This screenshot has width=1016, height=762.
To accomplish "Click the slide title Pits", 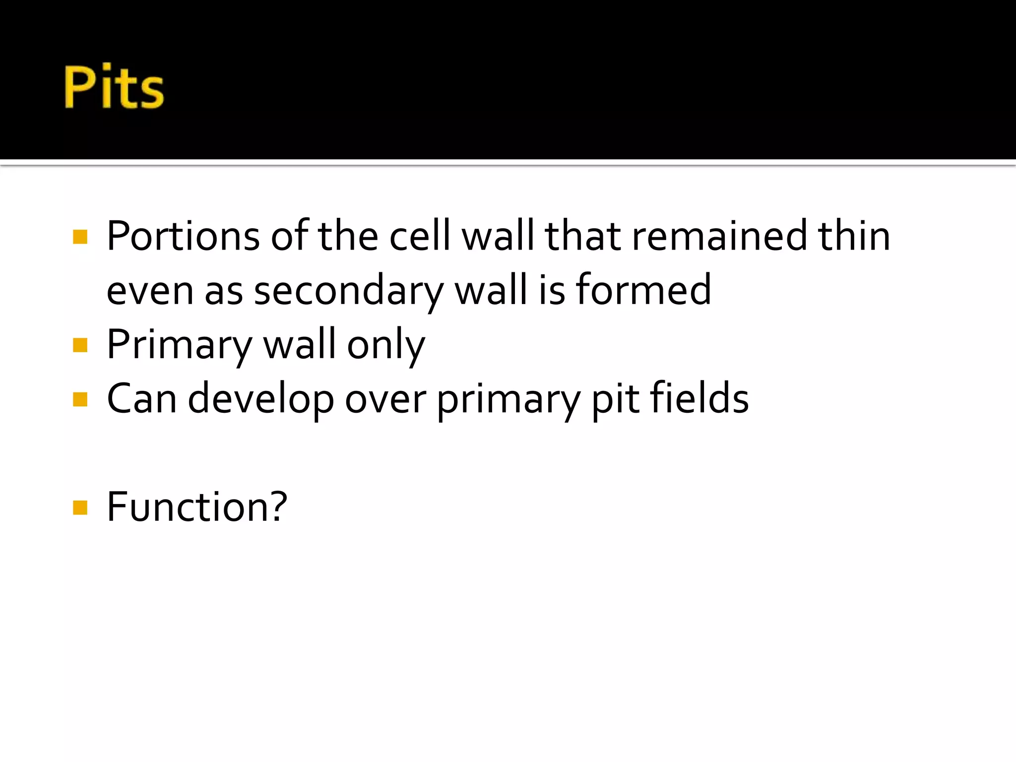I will point(114,87).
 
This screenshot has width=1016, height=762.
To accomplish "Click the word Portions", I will point(183,237).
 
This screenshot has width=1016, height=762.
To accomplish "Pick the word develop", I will point(261,400).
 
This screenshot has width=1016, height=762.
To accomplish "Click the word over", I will point(385,400).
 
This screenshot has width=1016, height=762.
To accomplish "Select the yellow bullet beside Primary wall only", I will point(80,345).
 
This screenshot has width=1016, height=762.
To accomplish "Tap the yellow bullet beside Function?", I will point(80,508).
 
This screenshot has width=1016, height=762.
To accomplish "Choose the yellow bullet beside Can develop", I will point(80,399).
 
